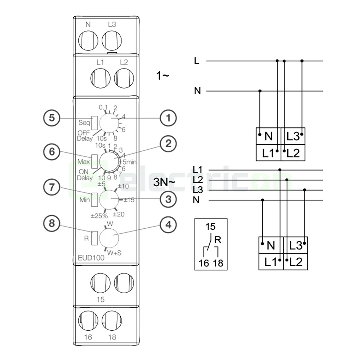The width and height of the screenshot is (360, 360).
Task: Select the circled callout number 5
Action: (x=52, y=118)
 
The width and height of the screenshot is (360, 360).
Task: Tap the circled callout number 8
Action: (x=52, y=225)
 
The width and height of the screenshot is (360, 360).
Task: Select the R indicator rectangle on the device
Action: (x=94, y=238)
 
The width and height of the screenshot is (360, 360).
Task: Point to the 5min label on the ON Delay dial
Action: (x=130, y=162)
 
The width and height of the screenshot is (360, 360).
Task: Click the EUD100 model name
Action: (x=91, y=258)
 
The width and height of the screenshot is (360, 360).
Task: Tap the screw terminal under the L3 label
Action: (x=112, y=38)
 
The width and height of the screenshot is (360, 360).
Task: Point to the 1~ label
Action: (x=163, y=75)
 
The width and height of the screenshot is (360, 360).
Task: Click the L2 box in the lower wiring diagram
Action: (x=295, y=262)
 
